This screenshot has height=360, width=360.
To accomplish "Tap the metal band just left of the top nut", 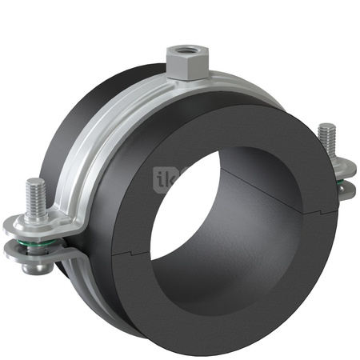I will click(144, 88).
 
